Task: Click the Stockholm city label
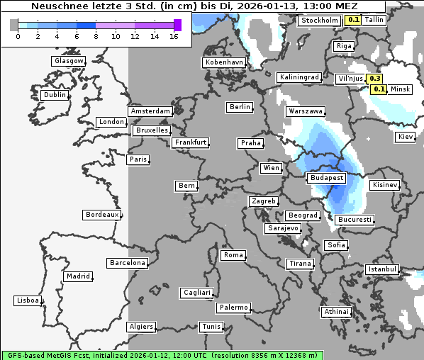pyautogui.click(x=319, y=21)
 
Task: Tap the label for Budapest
pyautogui.click(x=326, y=177)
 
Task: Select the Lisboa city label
pyautogui.click(x=27, y=300)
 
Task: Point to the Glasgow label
pyautogui.click(x=69, y=61)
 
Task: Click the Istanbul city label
pyautogui.click(x=382, y=269)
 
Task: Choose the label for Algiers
pyautogui.click(x=140, y=327)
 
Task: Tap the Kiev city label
pyautogui.click(x=405, y=136)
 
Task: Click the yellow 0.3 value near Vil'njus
pyautogui.click(x=376, y=79)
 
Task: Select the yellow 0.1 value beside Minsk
pyautogui.click(x=379, y=89)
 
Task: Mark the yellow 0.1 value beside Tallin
pyautogui.click(x=352, y=20)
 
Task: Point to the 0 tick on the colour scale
pyautogui.click(x=18, y=35)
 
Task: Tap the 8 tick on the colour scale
pyautogui.click(x=96, y=35)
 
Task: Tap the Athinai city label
pyautogui.click(x=336, y=312)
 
